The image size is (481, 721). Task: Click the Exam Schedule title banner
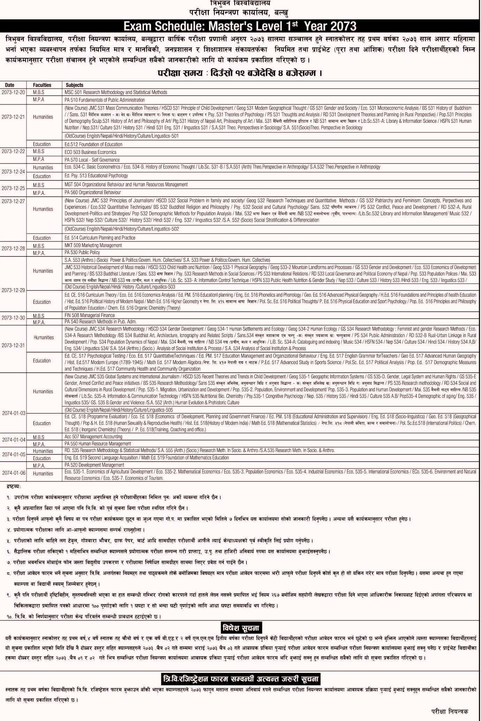pyautogui.click(x=240, y=26)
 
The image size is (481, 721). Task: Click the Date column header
pyautogui.click(x=10, y=85)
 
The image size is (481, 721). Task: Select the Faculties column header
pyautogui.click(x=42, y=85)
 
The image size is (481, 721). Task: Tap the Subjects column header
pyautogui.click(x=75, y=85)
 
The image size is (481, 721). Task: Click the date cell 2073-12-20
pyautogui.click(x=13, y=92)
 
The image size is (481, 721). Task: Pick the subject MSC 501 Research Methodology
pyautogui.click(x=116, y=92)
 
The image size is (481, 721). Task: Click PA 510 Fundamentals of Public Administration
pyautogui.click(x=105, y=100)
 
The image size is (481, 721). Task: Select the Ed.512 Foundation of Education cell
pyautogui.click(x=93, y=144)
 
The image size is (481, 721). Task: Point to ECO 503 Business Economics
pyautogui.click(x=91, y=152)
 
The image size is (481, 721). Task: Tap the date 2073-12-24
pyautogui.click(x=13, y=172)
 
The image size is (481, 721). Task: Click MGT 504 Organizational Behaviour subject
pyautogui.click(x=126, y=185)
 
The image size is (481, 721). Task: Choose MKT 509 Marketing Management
pyautogui.click(x=93, y=245)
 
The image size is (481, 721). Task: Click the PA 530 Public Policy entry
pyautogui.click(x=82, y=252)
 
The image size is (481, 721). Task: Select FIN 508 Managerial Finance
pyautogui.click(x=90, y=315)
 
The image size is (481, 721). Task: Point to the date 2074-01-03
pyautogui.click(x=14, y=413)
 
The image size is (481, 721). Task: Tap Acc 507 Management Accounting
pyautogui.click(x=93, y=437)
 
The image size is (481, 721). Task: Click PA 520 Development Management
pyautogui.click(x=94, y=465)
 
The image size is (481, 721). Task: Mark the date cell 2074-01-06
pyautogui.click(x=14, y=473)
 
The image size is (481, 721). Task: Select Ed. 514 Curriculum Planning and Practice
pyautogui.click(x=100, y=238)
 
